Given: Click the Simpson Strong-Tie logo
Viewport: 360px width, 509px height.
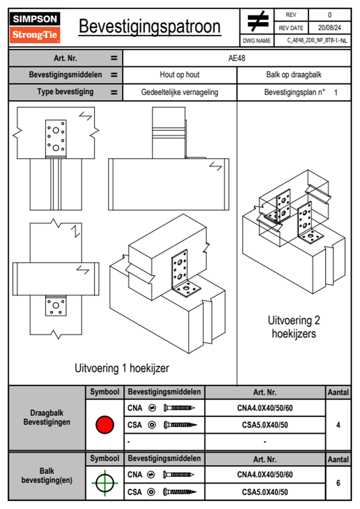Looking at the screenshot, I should (x=35, y=28).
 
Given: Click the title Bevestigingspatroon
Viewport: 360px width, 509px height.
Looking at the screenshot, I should (x=149, y=27).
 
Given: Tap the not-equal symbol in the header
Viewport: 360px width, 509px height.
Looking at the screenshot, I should (x=257, y=21).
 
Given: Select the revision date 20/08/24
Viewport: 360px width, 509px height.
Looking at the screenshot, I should (x=329, y=28).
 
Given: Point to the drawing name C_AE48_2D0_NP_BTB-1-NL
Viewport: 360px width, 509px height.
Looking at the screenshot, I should (x=317, y=41).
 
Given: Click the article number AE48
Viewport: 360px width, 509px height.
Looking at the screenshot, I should (x=237, y=58).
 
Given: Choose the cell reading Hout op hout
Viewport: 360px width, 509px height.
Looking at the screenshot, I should (x=179, y=75).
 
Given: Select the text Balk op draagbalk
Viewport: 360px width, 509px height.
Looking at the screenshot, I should (x=293, y=75).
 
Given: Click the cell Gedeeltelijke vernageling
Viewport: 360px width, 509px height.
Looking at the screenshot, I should (x=179, y=92).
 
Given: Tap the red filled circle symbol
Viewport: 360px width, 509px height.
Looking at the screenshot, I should (x=105, y=425).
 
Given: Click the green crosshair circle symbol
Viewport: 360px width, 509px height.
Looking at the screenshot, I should (x=105, y=483).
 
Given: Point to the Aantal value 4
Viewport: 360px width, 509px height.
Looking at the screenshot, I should (x=338, y=425).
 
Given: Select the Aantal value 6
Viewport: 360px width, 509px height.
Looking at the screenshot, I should (x=338, y=483).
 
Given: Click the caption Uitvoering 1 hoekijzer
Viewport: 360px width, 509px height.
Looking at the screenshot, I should (x=122, y=368).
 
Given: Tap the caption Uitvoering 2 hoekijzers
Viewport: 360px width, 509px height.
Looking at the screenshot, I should (x=294, y=327).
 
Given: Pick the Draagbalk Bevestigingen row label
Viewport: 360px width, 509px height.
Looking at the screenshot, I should (x=47, y=417).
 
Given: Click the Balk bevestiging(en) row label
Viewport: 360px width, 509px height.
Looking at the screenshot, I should (x=47, y=475).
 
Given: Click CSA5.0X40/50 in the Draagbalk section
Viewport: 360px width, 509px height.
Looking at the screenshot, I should (x=265, y=425).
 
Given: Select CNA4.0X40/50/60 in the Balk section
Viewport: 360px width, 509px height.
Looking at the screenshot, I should (x=265, y=475).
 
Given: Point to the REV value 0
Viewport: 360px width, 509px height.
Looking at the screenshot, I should (x=329, y=15).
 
